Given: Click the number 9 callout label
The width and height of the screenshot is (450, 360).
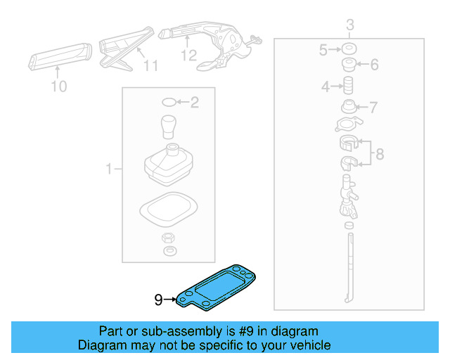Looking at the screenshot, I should pos(158,300).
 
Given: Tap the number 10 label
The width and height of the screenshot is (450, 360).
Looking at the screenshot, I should pos(59,86).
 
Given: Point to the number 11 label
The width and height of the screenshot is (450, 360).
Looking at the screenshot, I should pos(151,66).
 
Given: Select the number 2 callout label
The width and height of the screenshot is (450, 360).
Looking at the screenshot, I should pos(194,103).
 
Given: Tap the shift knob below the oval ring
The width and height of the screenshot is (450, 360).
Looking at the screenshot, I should pos(168,127).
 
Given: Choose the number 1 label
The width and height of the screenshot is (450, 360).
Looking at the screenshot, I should pos(109,169).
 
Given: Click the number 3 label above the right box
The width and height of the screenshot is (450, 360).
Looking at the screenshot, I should pos(349,26).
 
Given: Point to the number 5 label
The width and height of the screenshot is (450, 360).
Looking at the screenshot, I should pos(323,50).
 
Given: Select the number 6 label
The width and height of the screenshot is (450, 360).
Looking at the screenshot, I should pos(373,65).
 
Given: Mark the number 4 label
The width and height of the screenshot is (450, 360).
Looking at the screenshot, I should pos(326,87).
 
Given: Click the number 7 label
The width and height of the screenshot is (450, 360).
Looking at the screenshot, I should pos(373,108).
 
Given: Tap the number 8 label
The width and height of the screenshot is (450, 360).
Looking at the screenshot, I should pos(379,154).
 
